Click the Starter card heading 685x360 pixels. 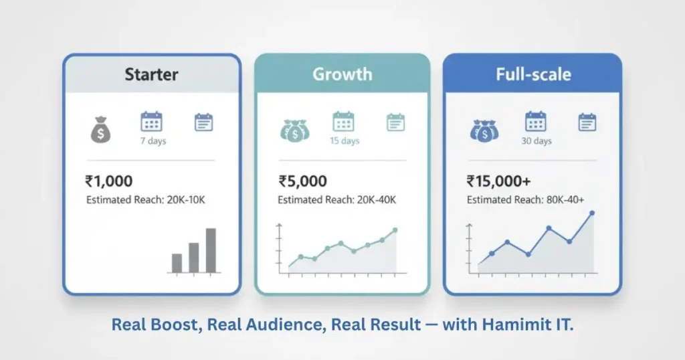click(151, 74)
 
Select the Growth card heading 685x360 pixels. click(342, 74)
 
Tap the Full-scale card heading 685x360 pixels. click(533, 74)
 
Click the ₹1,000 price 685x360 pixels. click(109, 181)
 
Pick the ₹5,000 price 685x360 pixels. click(302, 181)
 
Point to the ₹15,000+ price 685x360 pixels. click(499, 181)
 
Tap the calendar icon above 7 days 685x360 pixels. click(151, 122)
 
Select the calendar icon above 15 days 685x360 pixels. click(343, 122)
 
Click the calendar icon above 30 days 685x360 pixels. click(536, 122)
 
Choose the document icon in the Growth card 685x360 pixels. click(396, 122)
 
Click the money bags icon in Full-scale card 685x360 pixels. click(484, 130)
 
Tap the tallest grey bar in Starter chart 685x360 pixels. click(211, 250)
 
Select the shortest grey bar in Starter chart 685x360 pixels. click(177, 262)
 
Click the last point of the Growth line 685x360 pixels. click(395, 230)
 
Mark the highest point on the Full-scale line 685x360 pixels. click(591, 213)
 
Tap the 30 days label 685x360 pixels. click(536, 141)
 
